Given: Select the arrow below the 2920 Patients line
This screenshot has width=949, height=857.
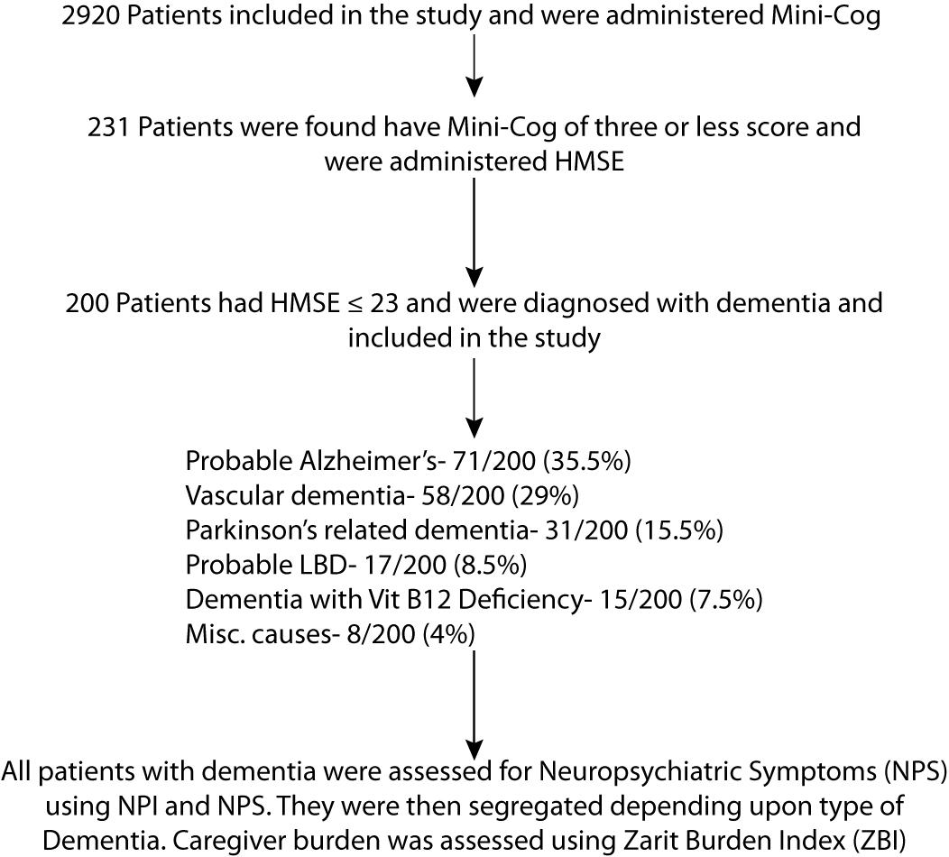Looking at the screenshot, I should tap(474, 69).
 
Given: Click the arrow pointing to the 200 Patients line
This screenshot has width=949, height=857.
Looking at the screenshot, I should tap(474, 235).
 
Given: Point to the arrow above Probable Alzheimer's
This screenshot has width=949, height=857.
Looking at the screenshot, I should tap(474, 398).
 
